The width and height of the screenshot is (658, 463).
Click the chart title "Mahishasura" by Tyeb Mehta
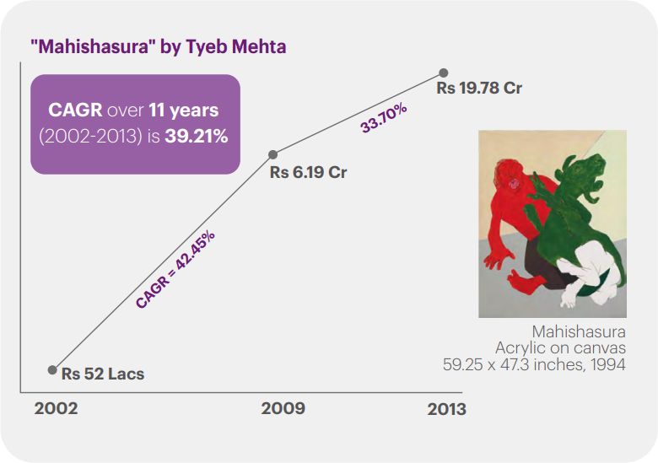tap(159, 46)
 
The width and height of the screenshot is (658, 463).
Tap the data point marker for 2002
tap(52, 369)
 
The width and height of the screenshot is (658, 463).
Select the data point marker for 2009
tap(272, 155)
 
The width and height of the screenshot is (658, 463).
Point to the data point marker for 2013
tap(443, 73)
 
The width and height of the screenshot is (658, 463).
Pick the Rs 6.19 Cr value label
tap(308, 173)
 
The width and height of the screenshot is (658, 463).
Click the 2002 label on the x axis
tap(56, 409)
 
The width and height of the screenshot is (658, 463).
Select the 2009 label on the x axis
tap(283, 409)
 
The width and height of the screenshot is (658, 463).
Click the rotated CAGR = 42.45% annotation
tap(175, 269)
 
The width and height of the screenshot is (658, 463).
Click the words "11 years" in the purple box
tap(184, 110)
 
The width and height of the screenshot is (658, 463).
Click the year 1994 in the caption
tap(609, 365)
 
